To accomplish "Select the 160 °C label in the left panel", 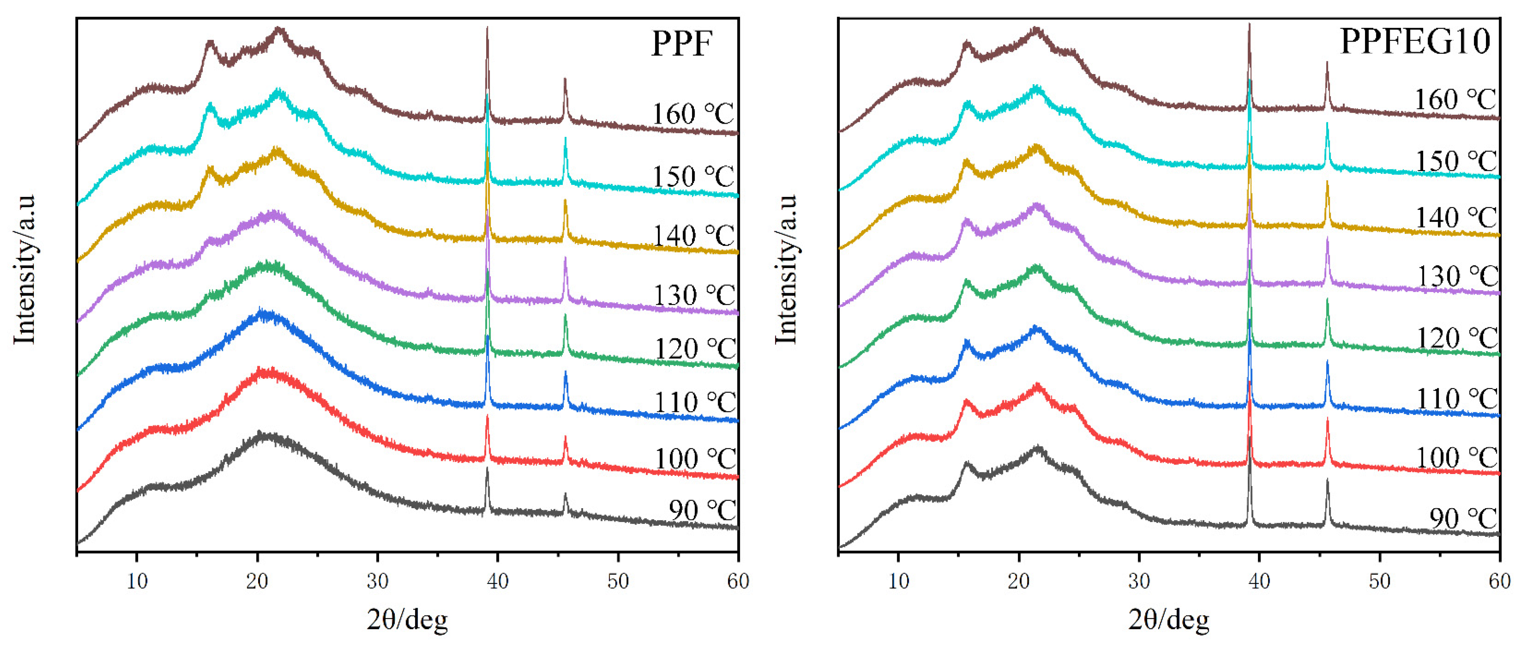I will pos(693,114).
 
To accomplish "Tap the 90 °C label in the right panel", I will pos(1463,518).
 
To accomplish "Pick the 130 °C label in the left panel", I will pos(694,295).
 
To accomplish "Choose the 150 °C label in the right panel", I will pos(1456,161).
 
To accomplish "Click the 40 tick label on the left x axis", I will pos(497,581).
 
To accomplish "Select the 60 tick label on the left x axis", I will pos(738,581).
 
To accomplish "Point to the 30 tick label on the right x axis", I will pos(1139,581).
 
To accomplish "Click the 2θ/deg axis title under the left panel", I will pos(407,619).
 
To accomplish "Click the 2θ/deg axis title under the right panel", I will pos(1168,619).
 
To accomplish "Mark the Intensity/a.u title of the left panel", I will pos(25,269).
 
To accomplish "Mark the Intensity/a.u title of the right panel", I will pos(786,269).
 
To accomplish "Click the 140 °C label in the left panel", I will pos(693,236).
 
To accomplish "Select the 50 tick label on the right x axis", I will pos(1379,581).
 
